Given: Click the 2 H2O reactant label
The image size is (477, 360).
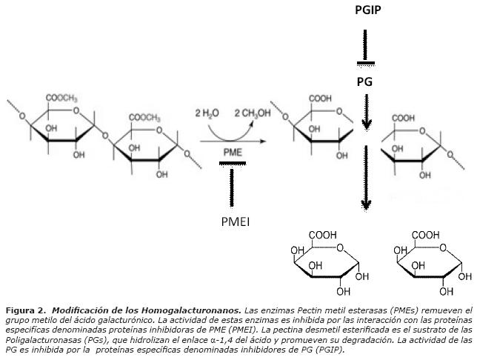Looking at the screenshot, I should [x=207, y=113].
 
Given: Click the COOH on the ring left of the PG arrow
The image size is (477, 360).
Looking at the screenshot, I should [x=320, y=98].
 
